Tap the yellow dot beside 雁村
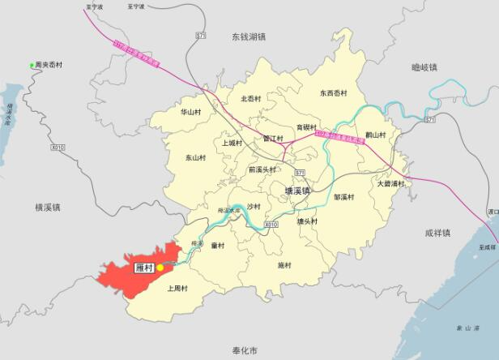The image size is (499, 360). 160,267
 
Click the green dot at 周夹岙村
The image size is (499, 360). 32,65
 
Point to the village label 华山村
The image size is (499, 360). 191,112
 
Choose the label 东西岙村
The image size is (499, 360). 333,93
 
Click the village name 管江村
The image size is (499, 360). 273,139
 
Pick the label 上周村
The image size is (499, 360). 177,288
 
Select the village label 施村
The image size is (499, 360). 284,265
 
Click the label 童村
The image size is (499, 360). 217,245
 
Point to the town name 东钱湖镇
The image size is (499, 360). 249,36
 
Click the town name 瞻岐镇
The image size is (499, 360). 424,67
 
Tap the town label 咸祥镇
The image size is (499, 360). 437,233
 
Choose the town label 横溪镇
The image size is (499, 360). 49,208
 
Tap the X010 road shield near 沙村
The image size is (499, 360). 271,224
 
